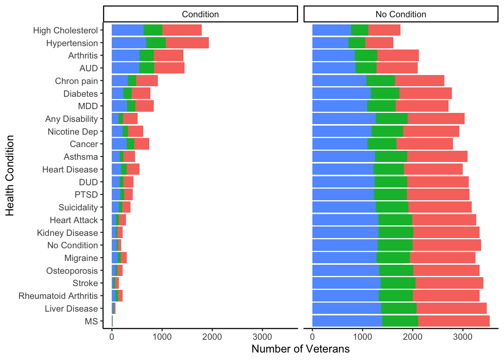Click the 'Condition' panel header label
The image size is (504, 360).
tap(200, 14)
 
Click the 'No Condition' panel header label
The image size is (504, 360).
tap(400, 14)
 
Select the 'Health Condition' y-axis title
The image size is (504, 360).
tap(10, 175)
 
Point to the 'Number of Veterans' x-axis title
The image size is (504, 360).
tap(300, 349)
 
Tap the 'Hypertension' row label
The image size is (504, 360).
tap(72, 43)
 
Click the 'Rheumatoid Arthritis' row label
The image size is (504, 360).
tap(58, 296)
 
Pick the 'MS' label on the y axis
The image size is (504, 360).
tap(91, 321)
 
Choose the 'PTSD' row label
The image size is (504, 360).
tap(86, 195)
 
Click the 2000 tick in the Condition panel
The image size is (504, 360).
tap(212, 336)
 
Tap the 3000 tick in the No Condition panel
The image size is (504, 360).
tap(463, 336)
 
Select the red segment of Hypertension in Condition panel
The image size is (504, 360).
tap(187, 43)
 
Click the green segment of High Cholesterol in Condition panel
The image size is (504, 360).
tap(153, 30)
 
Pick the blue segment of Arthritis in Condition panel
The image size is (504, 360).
tap(126, 55)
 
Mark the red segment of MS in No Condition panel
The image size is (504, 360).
tap(454, 321)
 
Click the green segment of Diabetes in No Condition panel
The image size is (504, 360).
tap(385, 93)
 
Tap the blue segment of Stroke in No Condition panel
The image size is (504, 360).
tap(346, 283)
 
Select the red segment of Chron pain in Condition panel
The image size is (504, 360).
tap(147, 81)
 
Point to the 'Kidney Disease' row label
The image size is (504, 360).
tap(67, 233)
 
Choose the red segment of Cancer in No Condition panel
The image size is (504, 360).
tap(424, 144)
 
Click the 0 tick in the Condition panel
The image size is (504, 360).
tap(112, 336)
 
